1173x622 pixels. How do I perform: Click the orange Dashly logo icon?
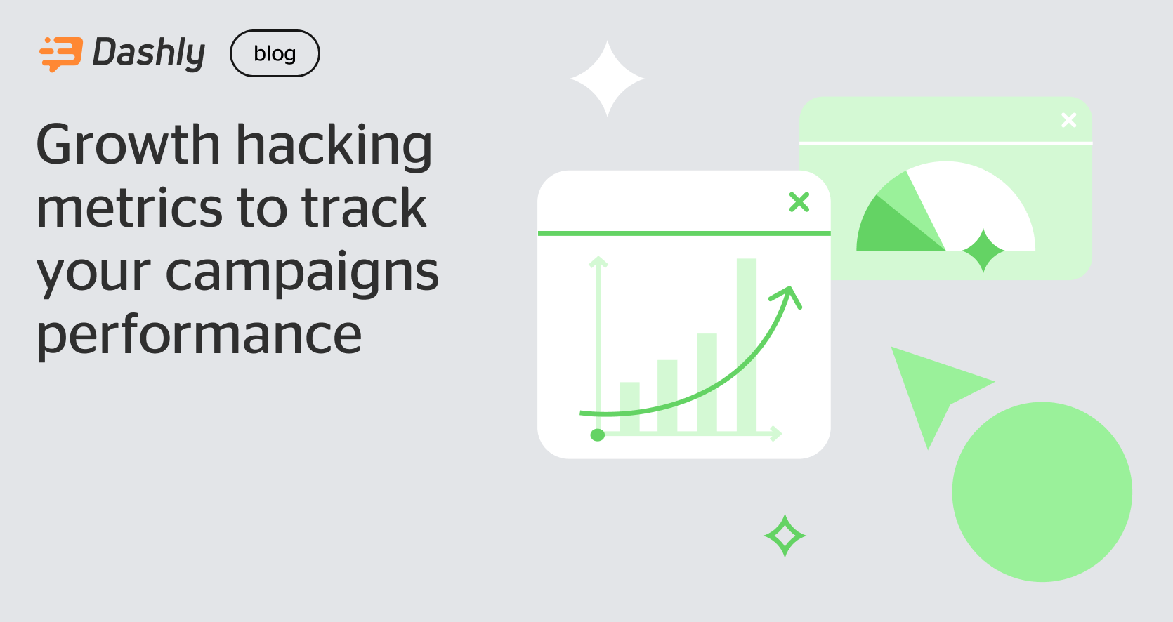click(x=60, y=53)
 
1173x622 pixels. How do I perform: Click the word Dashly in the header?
click(x=149, y=53)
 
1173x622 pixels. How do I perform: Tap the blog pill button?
click(x=275, y=53)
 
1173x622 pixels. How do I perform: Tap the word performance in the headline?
click(x=199, y=335)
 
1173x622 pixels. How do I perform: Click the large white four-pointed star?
click(x=608, y=79)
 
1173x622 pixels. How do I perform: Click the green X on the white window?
click(x=799, y=202)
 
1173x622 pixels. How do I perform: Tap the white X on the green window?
click(x=1069, y=120)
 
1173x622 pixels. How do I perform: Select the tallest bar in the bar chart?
click(x=747, y=344)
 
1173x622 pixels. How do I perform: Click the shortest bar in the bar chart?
click(x=629, y=407)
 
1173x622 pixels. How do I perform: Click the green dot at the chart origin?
click(x=598, y=435)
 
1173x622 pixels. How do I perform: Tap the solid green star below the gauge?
click(x=984, y=251)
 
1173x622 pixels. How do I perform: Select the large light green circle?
click(x=1042, y=491)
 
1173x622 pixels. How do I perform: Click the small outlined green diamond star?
click(x=785, y=536)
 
